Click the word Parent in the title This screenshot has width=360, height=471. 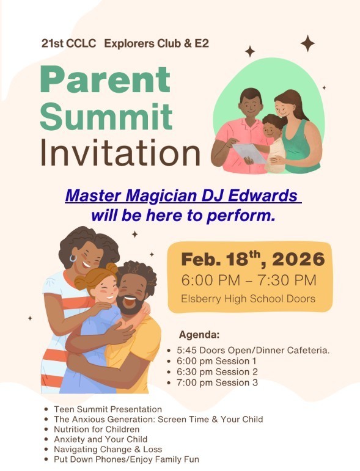[x=105, y=80]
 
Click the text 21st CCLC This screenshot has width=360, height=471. [x=67, y=43]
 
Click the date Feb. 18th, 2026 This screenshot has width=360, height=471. [x=252, y=259]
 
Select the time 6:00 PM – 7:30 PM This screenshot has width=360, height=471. [x=249, y=280]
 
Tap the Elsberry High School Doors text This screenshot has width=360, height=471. [x=248, y=299]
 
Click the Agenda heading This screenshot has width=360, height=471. [x=199, y=334]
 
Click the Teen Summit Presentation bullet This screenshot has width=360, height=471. [x=108, y=409]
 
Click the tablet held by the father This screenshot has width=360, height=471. [x=250, y=152]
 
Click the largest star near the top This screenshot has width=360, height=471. [x=307, y=43]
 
